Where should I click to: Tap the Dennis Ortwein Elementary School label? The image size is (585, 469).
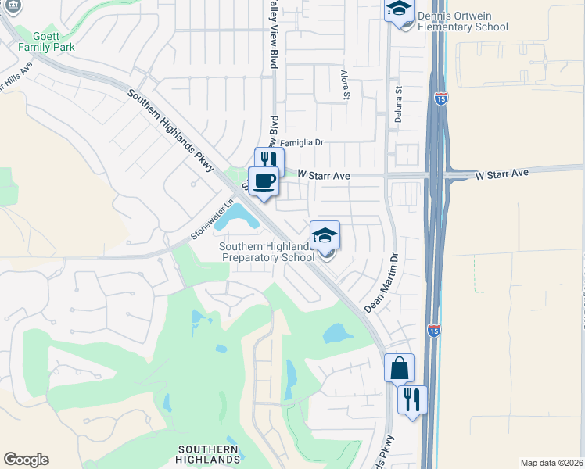coord(463,21)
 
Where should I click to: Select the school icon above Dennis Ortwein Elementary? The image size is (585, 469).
coord(399,10)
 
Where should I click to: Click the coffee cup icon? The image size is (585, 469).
coord(264,180)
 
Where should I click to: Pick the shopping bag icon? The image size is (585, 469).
coord(399,367)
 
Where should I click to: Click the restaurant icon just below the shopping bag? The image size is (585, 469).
coord(411,399)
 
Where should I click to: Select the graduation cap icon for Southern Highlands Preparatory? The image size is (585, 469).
coord(325,235)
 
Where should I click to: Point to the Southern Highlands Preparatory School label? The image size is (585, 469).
coord(267,252)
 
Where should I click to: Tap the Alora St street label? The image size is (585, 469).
coord(345,84)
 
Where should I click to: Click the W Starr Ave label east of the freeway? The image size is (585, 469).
coord(502,171)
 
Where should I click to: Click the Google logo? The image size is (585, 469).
coord(26,460)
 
